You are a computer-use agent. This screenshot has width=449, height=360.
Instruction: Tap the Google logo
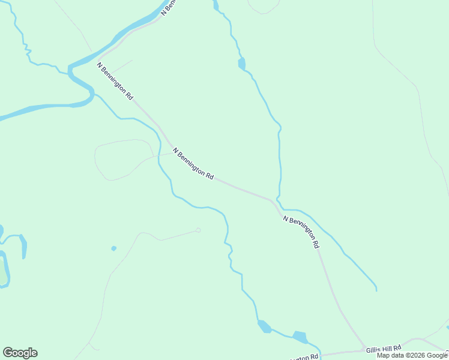click(x=20, y=353)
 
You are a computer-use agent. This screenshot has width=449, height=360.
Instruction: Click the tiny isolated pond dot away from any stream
click(x=113, y=248)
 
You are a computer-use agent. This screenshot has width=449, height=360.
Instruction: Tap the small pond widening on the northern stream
click(x=241, y=64)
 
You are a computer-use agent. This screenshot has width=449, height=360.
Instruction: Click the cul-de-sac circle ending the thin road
click(x=198, y=230)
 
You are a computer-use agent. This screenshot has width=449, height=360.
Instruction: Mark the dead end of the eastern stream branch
click(x=376, y=290)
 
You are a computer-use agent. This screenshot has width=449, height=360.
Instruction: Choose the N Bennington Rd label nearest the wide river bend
click(x=115, y=80)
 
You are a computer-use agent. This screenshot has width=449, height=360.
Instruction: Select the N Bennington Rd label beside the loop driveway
click(x=193, y=164)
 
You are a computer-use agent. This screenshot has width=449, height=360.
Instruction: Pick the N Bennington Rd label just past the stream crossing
click(x=301, y=232)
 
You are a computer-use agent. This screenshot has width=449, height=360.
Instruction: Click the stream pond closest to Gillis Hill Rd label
click(x=300, y=337)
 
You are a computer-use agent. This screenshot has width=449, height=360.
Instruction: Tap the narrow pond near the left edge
click(x=23, y=245)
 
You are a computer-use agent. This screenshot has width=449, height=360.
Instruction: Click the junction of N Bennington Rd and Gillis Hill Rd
click(x=364, y=349)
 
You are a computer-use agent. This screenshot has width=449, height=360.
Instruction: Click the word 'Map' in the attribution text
click(x=383, y=355)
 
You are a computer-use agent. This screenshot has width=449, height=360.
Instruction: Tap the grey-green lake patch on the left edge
click(x=3, y=270)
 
